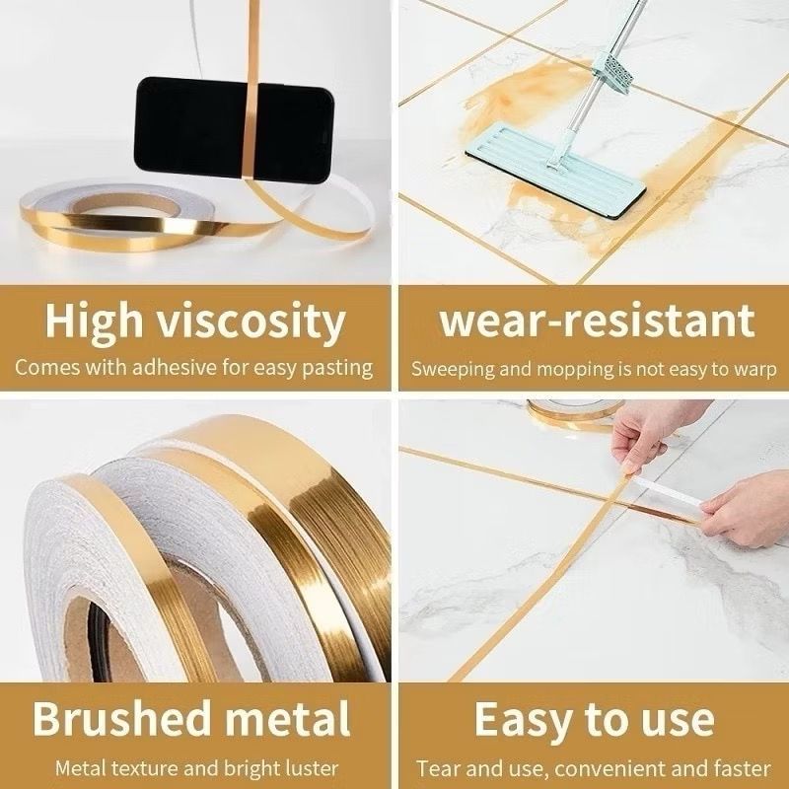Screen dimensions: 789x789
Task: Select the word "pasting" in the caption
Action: (x=340, y=369)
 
